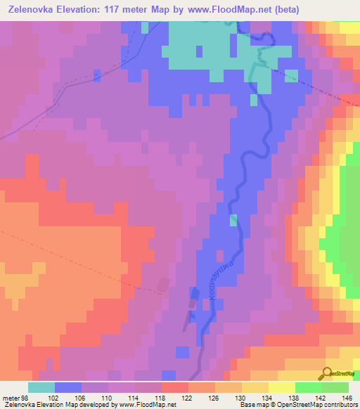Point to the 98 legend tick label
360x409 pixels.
[25, 398]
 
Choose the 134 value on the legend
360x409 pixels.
[269, 398]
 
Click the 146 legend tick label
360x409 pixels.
[349, 398]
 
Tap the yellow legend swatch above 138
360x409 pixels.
[281, 387]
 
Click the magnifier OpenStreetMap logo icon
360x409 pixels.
[328, 373]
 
